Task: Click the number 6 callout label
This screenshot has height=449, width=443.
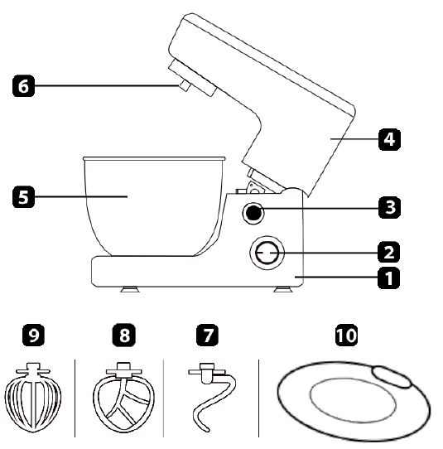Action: (23, 85)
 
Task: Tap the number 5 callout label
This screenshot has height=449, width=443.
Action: (23, 196)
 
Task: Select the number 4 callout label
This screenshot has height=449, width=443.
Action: (389, 139)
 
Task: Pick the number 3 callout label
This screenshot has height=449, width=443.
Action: (389, 207)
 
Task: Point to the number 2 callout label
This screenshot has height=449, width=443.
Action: (389, 252)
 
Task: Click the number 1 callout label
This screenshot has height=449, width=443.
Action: (389, 278)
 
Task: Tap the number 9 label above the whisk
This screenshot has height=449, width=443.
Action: (33, 335)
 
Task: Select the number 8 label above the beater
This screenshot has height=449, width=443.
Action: (123, 335)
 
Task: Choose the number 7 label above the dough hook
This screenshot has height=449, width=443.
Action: (208, 335)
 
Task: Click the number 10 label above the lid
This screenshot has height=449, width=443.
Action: (346, 335)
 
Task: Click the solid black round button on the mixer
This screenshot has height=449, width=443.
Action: (253, 213)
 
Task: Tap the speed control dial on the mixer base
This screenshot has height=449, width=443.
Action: (267, 253)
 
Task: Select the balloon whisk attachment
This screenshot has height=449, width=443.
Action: (33, 398)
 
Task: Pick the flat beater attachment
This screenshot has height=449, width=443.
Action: (123, 398)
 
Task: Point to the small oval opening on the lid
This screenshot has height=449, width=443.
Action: (392, 377)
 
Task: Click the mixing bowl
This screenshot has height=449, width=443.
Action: (154, 206)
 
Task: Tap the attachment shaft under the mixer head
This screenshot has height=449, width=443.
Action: (184, 85)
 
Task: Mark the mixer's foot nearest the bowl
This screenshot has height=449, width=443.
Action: (130, 289)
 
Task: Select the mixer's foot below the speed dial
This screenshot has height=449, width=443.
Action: (283, 289)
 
